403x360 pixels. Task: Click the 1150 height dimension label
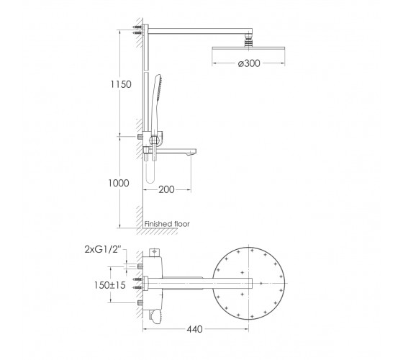click(121, 84)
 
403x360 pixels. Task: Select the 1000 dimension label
click(119, 183)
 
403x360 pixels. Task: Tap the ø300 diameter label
click(249, 63)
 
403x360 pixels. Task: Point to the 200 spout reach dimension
click(166, 190)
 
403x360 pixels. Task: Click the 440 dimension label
click(194, 329)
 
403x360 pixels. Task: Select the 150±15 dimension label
click(109, 285)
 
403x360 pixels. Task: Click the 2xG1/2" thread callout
click(102, 249)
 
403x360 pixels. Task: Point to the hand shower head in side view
click(158, 87)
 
